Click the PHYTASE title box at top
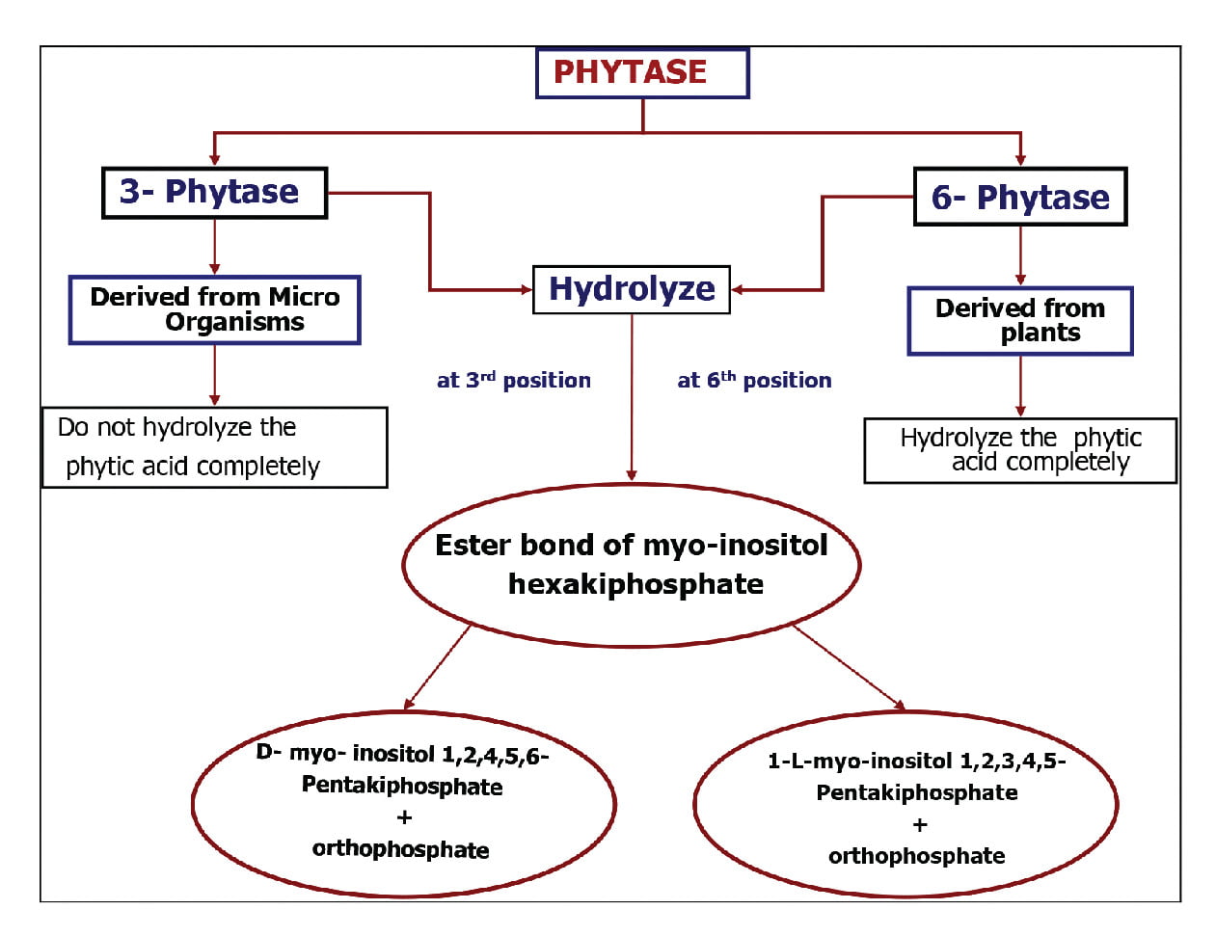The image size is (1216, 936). (x=642, y=73)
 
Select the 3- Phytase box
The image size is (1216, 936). (x=214, y=193)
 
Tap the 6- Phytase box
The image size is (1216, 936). (x=1020, y=198)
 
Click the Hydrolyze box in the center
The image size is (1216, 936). (x=632, y=289)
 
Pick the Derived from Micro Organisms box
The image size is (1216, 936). (x=214, y=309)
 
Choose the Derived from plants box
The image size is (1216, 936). (x=1020, y=321)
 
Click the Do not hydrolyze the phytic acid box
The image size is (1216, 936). (x=214, y=447)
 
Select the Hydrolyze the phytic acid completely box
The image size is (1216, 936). (x=1020, y=450)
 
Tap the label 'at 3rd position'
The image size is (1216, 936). (x=513, y=381)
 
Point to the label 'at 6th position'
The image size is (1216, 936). (x=754, y=381)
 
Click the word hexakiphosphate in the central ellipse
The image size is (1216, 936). (x=635, y=584)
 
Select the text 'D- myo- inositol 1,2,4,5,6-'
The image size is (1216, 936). (x=402, y=754)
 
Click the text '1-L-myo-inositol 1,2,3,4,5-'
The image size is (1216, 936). (x=916, y=762)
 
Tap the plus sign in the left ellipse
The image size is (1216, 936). (x=404, y=817)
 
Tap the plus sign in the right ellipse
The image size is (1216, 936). (x=919, y=825)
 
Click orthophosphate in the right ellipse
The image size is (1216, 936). (x=916, y=856)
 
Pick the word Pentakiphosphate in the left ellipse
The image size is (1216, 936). (x=402, y=787)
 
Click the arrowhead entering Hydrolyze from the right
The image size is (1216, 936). (x=738, y=289)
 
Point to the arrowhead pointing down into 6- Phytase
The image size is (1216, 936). (x=1020, y=160)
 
